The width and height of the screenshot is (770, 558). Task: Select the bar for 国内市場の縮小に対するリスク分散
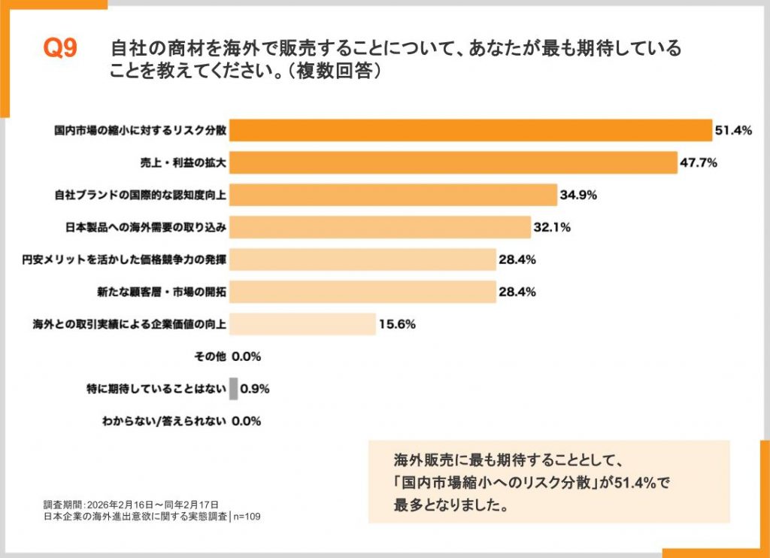(470, 130)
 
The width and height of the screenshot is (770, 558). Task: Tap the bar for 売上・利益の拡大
(453, 162)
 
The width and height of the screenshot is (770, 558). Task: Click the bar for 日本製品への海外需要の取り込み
(380, 227)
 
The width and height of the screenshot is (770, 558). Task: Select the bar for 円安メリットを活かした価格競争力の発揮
(362, 260)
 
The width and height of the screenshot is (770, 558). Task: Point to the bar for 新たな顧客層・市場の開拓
(362, 292)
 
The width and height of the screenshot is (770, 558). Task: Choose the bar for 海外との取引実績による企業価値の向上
(302, 324)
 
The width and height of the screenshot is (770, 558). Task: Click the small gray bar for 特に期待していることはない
(234, 389)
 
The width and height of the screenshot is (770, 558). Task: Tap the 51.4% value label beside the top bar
(733, 131)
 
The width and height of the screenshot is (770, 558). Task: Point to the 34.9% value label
(578, 196)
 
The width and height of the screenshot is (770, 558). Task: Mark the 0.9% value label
(255, 390)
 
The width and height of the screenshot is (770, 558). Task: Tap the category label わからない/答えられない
(163, 422)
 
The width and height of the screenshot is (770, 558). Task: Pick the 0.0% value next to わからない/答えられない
(246, 422)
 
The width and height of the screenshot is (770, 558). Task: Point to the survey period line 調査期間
(131, 504)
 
